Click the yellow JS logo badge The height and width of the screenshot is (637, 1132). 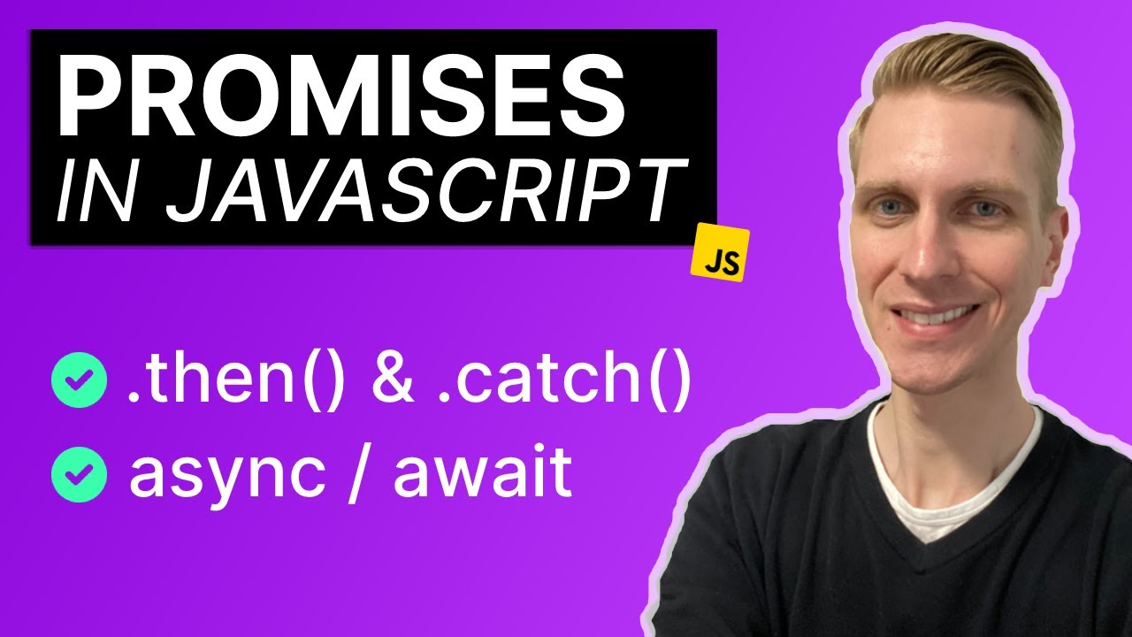tap(721, 254)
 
